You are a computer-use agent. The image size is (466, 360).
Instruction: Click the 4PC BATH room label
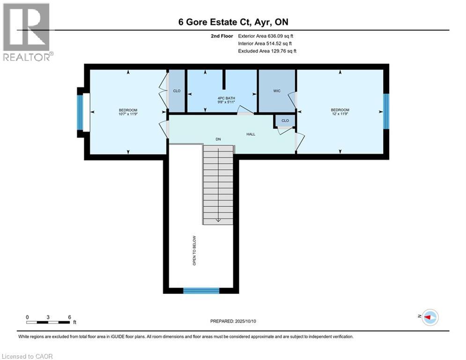coord(226,98)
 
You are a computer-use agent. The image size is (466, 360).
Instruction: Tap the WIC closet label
coord(277,91)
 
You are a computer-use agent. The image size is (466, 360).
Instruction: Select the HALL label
coord(251,134)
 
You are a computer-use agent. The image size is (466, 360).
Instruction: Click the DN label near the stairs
coord(218,139)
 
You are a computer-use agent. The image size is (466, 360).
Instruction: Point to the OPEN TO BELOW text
coord(194,250)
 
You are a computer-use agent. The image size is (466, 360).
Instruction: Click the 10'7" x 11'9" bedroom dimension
coord(128,114)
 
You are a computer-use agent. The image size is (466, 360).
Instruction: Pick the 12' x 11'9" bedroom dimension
coord(340,113)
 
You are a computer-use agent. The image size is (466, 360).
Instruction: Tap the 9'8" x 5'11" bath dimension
coord(226,102)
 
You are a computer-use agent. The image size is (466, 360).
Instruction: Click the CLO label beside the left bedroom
coord(177,91)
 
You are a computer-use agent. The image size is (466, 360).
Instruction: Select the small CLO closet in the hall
coord(285,120)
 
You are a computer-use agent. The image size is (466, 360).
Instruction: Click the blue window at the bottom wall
coord(201,291)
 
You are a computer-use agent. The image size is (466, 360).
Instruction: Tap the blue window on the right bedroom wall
coord(386,111)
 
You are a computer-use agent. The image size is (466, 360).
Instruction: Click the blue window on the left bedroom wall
coord(80,112)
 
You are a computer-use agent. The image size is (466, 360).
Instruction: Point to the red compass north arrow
coord(427,317)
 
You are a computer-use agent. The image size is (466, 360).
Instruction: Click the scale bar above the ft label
coord(48,322)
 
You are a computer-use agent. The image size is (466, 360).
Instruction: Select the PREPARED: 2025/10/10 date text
coord(233,321)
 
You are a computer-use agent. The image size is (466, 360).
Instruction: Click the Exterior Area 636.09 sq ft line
coord(266,36)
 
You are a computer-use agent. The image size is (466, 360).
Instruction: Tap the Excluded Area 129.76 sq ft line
coord(267,51)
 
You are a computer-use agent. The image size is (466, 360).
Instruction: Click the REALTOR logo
coord(27,32)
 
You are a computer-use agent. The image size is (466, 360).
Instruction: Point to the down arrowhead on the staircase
coord(218,220)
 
